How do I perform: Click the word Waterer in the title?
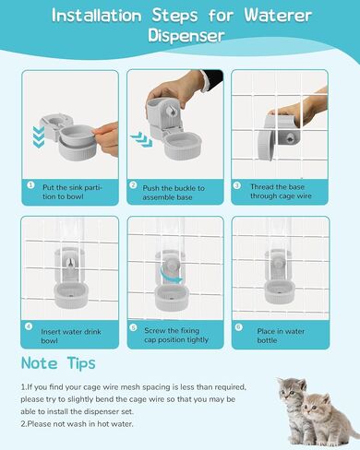point(278,15)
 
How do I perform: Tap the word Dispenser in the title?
point(186,35)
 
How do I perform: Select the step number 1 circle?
point(30,185)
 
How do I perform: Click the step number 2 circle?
point(133,185)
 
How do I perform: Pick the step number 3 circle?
point(237,185)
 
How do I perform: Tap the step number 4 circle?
point(29,326)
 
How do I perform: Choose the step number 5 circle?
point(133,327)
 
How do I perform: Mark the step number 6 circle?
point(238,327)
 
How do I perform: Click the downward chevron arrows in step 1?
point(39,136)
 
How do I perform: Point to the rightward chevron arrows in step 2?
point(141,138)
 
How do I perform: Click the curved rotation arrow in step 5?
point(171,276)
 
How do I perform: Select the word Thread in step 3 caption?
point(262,187)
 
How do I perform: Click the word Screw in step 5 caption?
point(155,331)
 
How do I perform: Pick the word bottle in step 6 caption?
point(267,340)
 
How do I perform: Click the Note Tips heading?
point(58,363)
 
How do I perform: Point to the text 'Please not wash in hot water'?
point(80,424)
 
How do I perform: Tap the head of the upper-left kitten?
point(293,390)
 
